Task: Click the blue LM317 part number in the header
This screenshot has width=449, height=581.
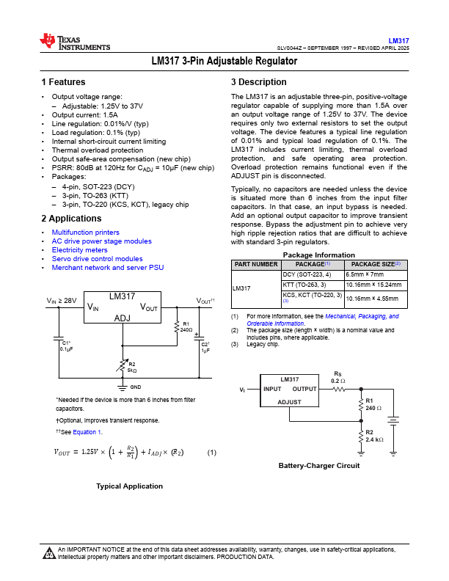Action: tap(399, 40)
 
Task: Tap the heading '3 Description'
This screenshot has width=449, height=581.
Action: tap(258, 82)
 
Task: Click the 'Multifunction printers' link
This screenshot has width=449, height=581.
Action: tap(85, 232)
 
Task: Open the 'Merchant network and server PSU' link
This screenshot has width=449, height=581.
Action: tap(107, 268)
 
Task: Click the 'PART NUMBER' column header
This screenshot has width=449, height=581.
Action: tap(256, 264)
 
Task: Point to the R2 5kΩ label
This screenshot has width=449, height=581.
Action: tap(132, 367)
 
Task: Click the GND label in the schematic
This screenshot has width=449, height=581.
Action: tap(136, 386)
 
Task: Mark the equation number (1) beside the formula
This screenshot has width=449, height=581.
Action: tap(211, 453)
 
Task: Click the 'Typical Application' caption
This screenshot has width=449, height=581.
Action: tap(129, 486)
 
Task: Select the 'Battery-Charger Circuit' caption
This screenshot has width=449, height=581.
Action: tap(319, 465)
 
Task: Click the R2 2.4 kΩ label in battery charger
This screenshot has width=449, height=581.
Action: tap(374, 436)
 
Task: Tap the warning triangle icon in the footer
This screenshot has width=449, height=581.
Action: tap(48, 552)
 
